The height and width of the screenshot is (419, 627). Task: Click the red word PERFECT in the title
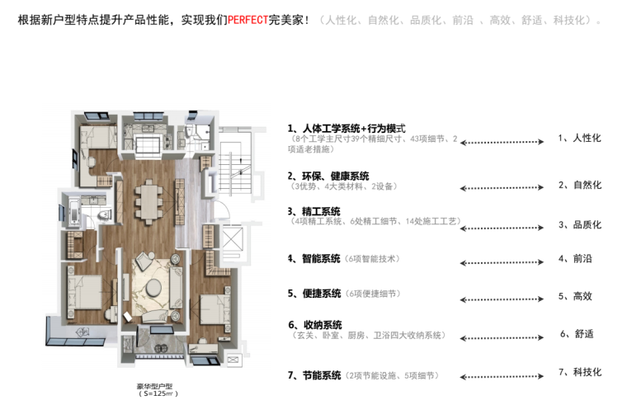(x=247, y=19)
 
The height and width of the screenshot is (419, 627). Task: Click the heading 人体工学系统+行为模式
(x=346, y=129)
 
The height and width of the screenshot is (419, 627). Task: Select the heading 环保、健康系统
(x=328, y=176)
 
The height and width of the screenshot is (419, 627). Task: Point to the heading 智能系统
(x=314, y=258)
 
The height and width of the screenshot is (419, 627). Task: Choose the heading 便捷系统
(x=314, y=294)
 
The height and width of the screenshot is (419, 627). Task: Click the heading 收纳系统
(x=314, y=324)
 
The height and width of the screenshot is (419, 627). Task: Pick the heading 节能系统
(x=314, y=375)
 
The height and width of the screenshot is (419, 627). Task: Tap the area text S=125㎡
(x=158, y=394)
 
